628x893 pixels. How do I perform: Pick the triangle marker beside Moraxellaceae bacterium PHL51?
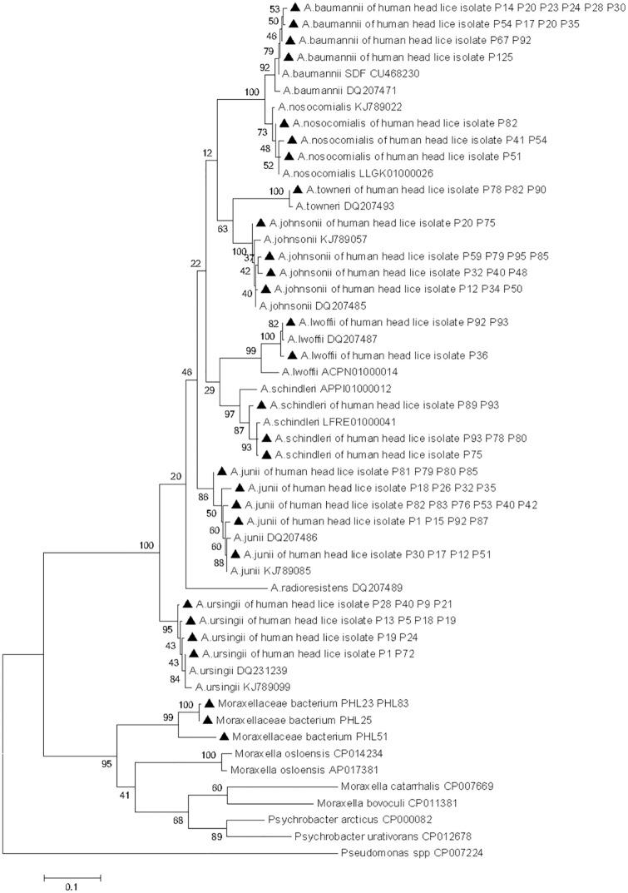[x=223, y=737]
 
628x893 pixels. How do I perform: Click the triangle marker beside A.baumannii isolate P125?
[x=289, y=57]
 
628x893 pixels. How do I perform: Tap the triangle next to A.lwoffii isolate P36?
[x=291, y=355]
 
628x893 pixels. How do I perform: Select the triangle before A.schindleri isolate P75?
[x=267, y=454]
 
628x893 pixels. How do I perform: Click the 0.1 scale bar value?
[x=73, y=887]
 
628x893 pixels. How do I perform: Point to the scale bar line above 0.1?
[x=72, y=876]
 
